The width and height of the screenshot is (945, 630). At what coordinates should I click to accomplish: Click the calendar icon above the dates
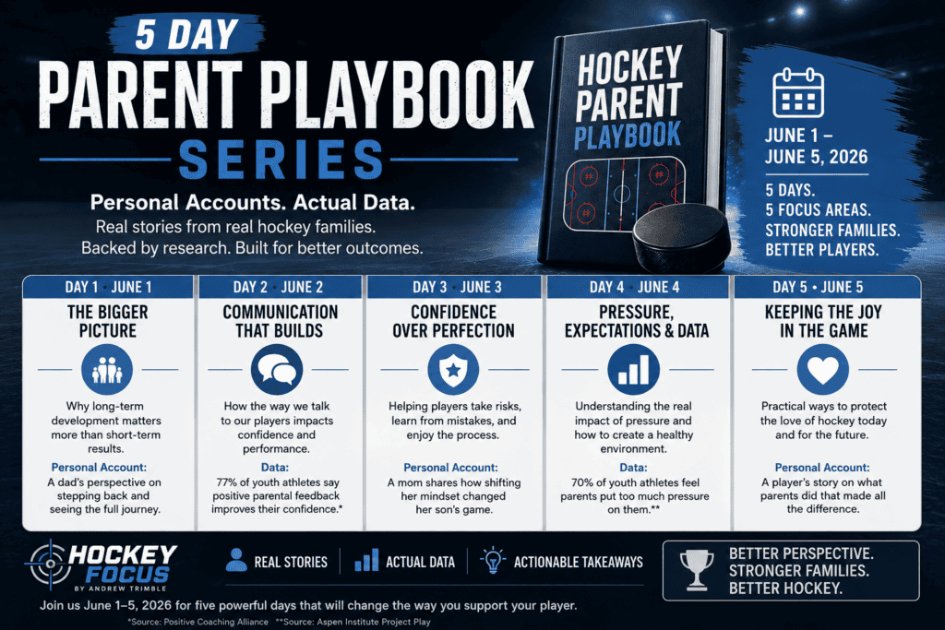pyautogui.click(x=798, y=92)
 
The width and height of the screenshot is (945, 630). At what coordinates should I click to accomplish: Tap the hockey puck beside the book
pyautogui.click(x=682, y=239)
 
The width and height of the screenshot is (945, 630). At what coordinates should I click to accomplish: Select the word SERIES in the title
pyautogui.click(x=281, y=160)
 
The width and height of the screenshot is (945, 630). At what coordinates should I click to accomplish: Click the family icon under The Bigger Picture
pyautogui.click(x=107, y=369)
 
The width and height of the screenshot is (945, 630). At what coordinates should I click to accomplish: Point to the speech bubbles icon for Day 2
pyautogui.click(x=277, y=369)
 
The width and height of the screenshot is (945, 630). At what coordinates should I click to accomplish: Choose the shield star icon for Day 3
pyautogui.click(x=453, y=369)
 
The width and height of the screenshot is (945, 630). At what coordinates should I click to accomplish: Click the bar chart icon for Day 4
pyautogui.click(x=633, y=369)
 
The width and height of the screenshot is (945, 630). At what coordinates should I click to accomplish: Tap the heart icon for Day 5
pyautogui.click(x=822, y=369)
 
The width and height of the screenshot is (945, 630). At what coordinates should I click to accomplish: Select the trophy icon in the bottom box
pyautogui.click(x=697, y=569)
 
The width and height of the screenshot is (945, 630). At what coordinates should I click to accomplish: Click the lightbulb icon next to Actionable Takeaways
pyautogui.click(x=493, y=561)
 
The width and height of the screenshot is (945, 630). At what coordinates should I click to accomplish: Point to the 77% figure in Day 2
pyautogui.click(x=227, y=482)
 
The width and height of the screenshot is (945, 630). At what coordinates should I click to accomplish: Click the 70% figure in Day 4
pyautogui.click(x=581, y=482)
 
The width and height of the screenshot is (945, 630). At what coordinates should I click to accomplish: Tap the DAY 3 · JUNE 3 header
pyautogui.click(x=457, y=287)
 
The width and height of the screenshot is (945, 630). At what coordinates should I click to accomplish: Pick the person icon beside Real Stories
pyautogui.click(x=236, y=560)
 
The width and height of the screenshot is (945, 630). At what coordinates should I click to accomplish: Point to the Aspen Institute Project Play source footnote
pyautogui.click(x=353, y=622)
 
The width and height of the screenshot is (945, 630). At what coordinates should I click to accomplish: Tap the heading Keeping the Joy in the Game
pyautogui.click(x=823, y=322)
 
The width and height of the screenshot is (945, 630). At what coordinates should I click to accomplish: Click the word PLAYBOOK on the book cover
pyautogui.click(x=628, y=136)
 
